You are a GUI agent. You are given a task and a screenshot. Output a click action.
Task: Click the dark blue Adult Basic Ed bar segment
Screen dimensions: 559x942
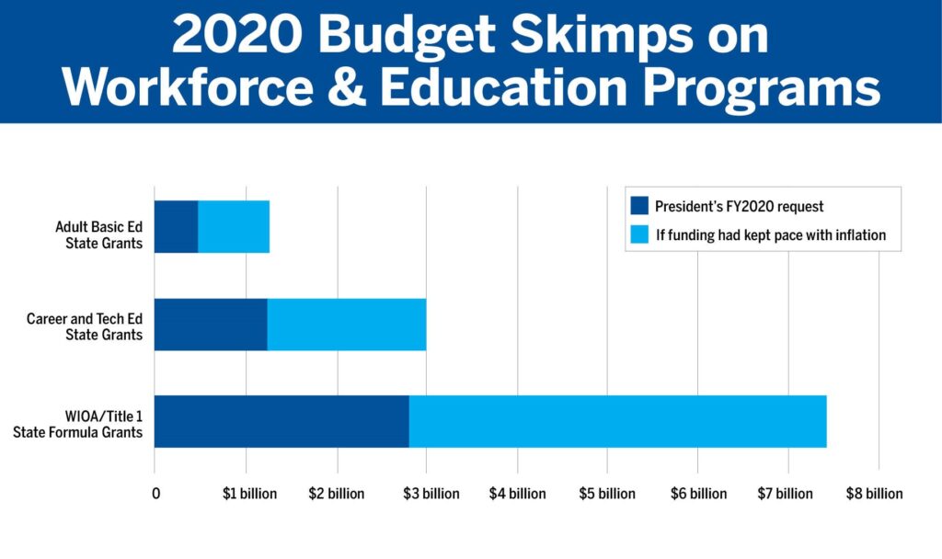pos(176,226)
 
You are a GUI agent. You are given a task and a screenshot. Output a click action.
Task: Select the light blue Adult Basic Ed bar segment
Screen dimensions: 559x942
pos(234,226)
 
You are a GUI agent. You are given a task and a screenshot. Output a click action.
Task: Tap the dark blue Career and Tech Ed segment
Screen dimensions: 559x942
pos(211,325)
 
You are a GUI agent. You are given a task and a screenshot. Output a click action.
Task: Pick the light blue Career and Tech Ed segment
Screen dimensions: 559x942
pos(346,325)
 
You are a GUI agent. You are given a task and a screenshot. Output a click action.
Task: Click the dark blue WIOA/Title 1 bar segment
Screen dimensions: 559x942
pos(281,422)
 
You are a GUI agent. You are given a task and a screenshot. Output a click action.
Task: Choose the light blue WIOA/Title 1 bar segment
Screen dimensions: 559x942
pos(617,422)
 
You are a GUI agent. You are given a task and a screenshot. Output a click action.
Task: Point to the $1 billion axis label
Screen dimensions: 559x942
pos(249,494)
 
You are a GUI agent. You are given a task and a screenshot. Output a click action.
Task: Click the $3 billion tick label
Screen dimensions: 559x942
pos(430,494)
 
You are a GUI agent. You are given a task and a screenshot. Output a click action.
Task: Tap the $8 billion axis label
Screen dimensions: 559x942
pos(875,494)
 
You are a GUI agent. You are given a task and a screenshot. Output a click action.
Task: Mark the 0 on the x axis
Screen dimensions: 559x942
pos(156,494)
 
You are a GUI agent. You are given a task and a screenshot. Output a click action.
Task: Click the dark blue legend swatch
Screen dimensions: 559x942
pos(639,206)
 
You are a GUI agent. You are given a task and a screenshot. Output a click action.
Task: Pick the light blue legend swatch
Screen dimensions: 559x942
pos(639,234)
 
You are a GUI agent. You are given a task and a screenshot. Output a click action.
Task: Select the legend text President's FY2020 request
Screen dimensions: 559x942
pos(739,207)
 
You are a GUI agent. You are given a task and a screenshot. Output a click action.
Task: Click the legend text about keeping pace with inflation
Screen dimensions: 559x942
pos(770,235)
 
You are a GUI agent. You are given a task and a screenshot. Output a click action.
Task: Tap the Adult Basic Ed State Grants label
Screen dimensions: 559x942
pos(98,234)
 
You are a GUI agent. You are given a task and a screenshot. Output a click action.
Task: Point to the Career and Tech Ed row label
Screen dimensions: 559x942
pos(85,326)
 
